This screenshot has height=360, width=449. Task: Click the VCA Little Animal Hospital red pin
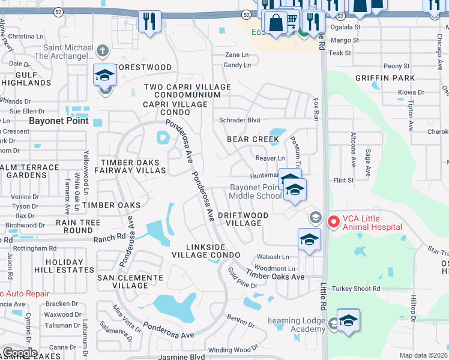tap(334, 222)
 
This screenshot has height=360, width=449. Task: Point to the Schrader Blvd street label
tap(240, 120)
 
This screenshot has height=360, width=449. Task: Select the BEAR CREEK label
tap(253, 139)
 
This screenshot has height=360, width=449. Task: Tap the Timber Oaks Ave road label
tap(281, 277)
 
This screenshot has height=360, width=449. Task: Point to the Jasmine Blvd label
tap(182, 356)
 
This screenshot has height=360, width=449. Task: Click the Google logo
tap(20, 353)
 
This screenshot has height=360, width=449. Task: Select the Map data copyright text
tap(424, 355)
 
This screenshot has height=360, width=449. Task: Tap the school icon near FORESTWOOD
tap(104, 76)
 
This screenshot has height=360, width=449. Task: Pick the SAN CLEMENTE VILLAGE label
tap(130, 282)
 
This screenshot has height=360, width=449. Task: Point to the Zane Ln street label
tap(237, 55)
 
